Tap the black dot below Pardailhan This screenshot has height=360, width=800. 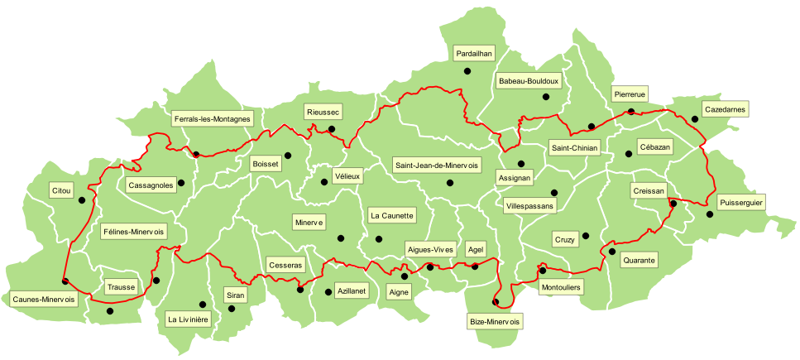(467, 71)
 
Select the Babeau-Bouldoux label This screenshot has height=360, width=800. (529, 81)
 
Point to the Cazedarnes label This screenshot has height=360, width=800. (724, 109)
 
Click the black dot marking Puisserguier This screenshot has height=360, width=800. (710, 215)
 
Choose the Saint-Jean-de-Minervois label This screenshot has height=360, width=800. (437, 165)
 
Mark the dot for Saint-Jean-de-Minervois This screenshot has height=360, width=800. (450, 183)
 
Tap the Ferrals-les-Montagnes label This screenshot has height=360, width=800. (212, 119)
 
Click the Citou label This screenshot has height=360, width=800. (62, 190)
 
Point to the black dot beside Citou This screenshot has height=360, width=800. (82, 199)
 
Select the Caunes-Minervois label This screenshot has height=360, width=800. (44, 299)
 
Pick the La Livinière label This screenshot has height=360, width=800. (189, 319)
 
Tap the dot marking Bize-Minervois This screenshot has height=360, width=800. (496, 302)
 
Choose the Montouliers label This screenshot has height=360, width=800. (560, 287)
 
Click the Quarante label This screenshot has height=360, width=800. (640, 260)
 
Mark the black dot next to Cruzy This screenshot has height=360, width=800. (586, 236)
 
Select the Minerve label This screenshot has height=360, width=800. (309, 222)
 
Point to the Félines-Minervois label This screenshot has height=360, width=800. (133, 231)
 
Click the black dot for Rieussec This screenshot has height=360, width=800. (332, 129)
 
